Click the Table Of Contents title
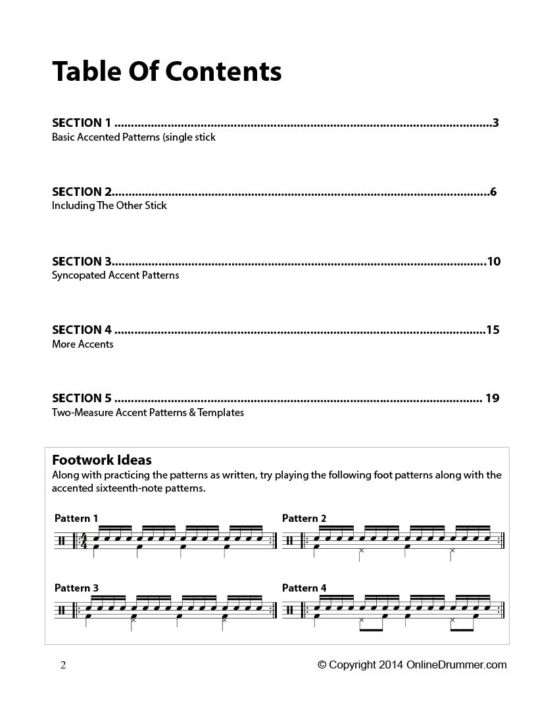tap(166, 71)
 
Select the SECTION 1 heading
tap(82, 122)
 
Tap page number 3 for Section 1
tap(495, 122)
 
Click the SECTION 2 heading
tap(82, 192)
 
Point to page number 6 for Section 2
tap(493, 192)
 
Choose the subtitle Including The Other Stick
tap(109, 206)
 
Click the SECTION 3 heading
tap(82, 262)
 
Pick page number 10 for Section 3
tap(493, 262)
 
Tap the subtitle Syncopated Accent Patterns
tap(115, 275)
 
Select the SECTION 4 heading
tap(82, 330)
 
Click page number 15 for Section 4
tap(493, 330)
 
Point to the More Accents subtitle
tap(83, 344)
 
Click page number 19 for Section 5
tap(493, 398)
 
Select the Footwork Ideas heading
tap(102, 459)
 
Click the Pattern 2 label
tap(304, 518)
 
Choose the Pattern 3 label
tap(76, 588)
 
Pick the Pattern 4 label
tap(304, 588)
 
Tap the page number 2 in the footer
tap(63, 665)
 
